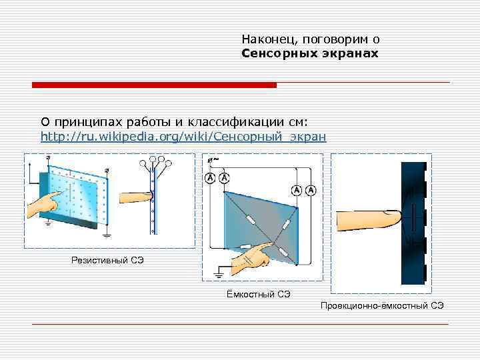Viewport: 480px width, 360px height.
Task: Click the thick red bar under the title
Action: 154,85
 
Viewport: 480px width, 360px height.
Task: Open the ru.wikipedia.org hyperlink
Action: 183,137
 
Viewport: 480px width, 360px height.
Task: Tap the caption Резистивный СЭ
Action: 107,259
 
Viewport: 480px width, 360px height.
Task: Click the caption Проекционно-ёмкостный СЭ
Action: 382,305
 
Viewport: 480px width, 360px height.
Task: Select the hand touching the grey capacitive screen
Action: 253,256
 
